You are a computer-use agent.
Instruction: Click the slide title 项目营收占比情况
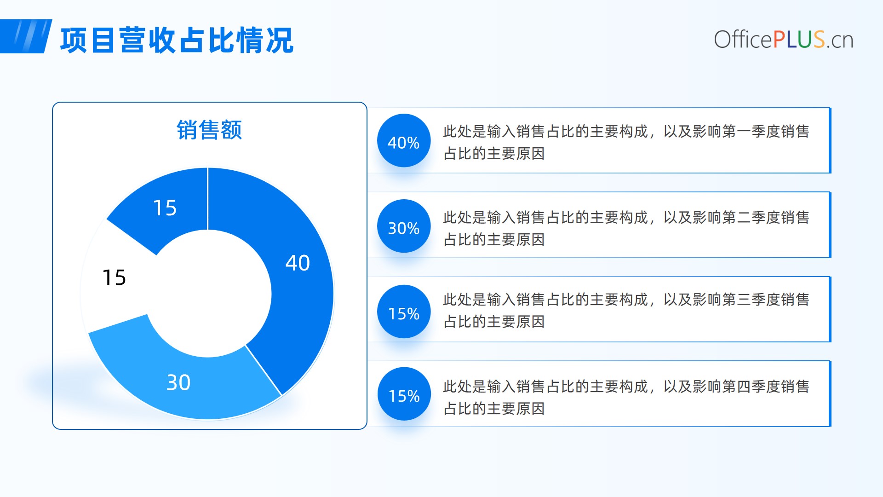pyautogui.click(x=177, y=40)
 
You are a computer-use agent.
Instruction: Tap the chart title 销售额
pyautogui.click(x=209, y=130)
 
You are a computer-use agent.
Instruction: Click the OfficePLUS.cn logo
pyautogui.click(x=784, y=40)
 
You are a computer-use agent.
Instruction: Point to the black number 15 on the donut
pyautogui.click(x=114, y=277)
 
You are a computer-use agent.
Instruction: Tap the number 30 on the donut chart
pyautogui.click(x=178, y=382)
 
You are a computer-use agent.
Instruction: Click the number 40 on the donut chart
pyautogui.click(x=298, y=263)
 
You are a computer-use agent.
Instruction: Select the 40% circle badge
pyautogui.click(x=404, y=141)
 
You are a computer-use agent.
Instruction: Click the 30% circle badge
pyautogui.click(x=404, y=226)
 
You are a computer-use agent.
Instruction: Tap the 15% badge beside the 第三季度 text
pyautogui.click(x=404, y=312)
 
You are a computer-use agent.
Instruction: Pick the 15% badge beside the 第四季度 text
pyautogui.click(x=404, y=394)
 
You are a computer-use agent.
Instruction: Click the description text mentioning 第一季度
pyautogui.click(x=626, y=142)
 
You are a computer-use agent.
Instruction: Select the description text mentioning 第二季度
pyautogui.click(x=626, y=228)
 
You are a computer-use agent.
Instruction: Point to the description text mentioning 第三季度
pyautogui.click(x=626, y=311)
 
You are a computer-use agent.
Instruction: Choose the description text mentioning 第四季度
pyautogui.click(x=626, y=397)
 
